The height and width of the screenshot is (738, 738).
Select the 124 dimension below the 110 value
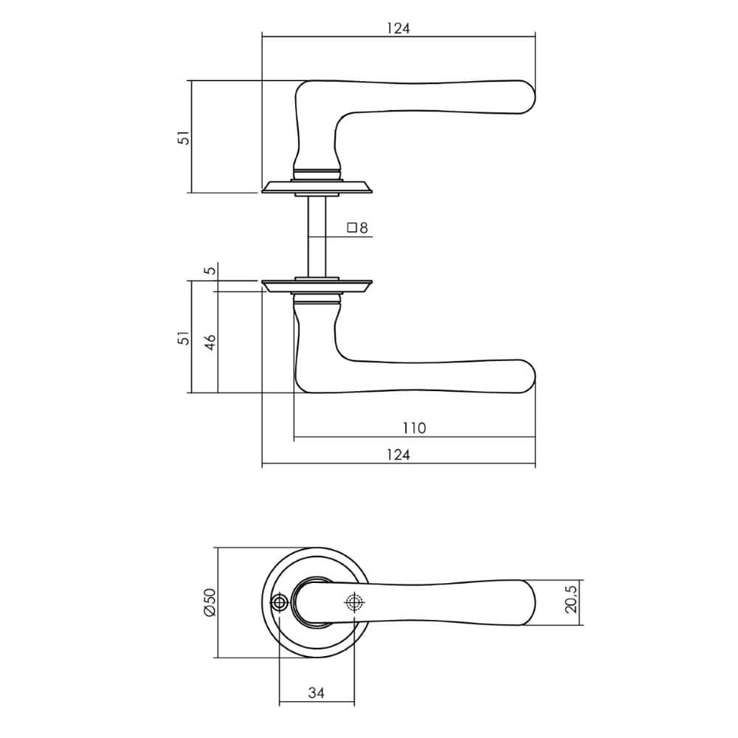[x=398, y=455]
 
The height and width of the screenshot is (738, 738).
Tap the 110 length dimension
[x=414, y=428]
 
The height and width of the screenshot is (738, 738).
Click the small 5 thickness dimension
[x=210, y=270]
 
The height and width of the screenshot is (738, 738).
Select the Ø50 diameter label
[x=208, y=603]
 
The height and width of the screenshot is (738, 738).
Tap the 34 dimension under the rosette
[x=316, y=693]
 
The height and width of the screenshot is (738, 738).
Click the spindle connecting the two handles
[x=317, y=236]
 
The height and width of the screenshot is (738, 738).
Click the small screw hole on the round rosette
[x=279, y=603]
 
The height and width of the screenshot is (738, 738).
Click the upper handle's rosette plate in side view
[x=317, y=187]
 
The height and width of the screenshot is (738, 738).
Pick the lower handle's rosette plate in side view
[x=317, y=286]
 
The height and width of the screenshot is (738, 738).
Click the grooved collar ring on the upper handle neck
[x=317, y=173]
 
